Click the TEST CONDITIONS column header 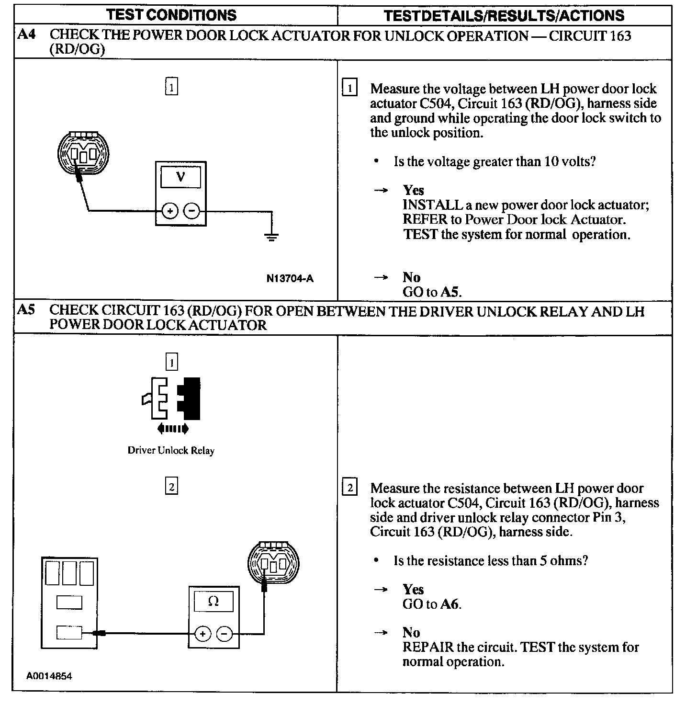click(171, 15)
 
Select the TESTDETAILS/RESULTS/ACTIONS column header click(504, 15)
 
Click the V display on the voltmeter click(180, 177)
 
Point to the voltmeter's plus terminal click(170, 211)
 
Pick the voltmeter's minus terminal click(192, 211)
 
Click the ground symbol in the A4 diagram click(271, 236)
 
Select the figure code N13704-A click(290, 278)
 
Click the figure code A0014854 click(49, 676)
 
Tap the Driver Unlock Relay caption click(171, 450)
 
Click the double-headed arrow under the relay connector click(172, 429)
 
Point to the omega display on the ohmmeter click(214, 602)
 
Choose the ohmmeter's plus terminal click(202, 634)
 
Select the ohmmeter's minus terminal click(225, 634)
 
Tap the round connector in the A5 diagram click(272, 564)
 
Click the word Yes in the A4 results click(413, 190)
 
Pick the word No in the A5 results click(411, 633)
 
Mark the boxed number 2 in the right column click(350, 488)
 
